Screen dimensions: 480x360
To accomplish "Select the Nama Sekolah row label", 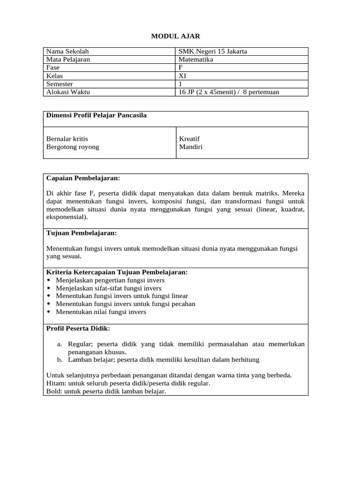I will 67,52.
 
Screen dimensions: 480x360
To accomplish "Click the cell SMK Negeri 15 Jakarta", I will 213,52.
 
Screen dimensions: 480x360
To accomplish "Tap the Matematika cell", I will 196,60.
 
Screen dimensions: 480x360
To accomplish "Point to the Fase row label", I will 53,67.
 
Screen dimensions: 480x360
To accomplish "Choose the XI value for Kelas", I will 183,75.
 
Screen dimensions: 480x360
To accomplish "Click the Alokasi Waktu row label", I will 68,92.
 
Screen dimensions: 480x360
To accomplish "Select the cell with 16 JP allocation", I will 229,92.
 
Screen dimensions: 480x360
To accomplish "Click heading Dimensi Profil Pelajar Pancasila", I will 97,115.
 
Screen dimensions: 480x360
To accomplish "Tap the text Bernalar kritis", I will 67,139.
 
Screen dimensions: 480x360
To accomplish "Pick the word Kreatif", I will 189,139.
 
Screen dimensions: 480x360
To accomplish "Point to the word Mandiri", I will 191,147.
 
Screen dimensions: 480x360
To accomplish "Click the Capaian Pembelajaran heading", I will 83,178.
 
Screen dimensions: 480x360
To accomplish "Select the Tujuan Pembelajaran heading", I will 82,232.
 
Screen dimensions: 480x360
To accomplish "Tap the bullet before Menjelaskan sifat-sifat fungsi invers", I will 50,288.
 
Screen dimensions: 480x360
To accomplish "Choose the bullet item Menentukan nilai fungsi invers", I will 101,312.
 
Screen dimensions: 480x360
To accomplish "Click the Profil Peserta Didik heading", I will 78,328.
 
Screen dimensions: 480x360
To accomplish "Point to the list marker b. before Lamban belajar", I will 60,360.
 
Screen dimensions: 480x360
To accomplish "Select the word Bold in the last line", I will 54,391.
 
